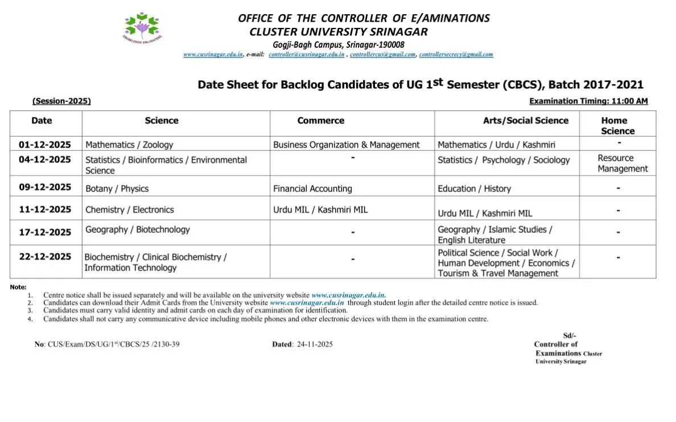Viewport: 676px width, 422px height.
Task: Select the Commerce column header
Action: coord(320,121)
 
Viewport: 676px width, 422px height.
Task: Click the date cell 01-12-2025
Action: coord(44,145)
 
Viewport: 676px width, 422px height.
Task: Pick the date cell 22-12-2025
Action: coord(45,257)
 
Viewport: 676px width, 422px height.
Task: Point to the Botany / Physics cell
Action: coord(117,189)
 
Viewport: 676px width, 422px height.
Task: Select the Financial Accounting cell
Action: coord(312,189)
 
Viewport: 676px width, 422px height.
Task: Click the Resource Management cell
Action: coord(623,163)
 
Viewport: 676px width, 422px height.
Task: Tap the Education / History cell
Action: coord(474,189)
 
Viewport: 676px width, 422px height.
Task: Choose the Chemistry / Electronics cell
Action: coord(129,210)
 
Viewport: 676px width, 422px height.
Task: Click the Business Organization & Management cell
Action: coord(346,145)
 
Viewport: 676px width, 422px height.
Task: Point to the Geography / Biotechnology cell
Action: coord(137,230)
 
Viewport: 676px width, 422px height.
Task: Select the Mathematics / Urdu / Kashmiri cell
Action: coord(496,145)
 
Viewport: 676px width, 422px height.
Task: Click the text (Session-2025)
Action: coord(61,101)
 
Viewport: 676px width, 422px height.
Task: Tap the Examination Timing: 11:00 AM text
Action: coord(588,101)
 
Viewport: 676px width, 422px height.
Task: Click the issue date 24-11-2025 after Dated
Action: coord(315,345)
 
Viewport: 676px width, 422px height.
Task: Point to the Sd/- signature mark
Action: coord(569,335)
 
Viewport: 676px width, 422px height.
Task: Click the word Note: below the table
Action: coord(18,287)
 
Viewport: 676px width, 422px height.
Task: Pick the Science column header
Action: coord(162,121)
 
